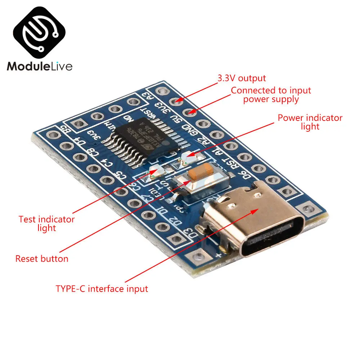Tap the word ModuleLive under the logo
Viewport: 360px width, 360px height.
(x=40, y=66)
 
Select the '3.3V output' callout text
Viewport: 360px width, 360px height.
(x=242, y=78)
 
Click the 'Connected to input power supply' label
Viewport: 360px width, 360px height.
(x=271, y=95)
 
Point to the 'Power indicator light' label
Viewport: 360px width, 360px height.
(x=310, y=122)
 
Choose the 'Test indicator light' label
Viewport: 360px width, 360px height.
(x=46, y=223)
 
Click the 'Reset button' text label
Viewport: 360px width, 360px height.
(x=42, y=258)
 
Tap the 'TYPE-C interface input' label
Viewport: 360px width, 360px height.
(x=102, y=289)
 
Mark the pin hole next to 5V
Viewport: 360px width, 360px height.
(x=190, y=113)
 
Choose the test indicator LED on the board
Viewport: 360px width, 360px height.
(x=154, y=173)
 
